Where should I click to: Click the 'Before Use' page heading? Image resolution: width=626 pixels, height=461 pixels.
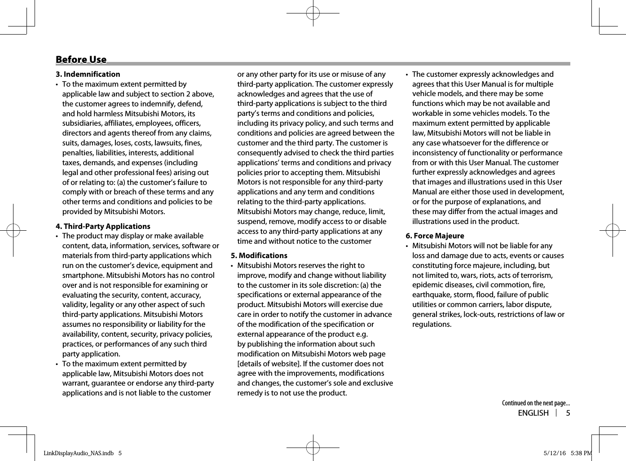click(81, 60)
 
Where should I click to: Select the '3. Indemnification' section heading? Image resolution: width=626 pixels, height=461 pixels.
click(88, 75)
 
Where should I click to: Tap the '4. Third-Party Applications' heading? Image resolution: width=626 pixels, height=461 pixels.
click(103, 227)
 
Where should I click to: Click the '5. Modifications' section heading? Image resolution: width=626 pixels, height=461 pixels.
click(259, 256)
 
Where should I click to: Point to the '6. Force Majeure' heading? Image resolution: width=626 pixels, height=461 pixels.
click(435, 236)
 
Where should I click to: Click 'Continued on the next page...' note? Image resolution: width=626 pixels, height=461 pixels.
click(536, 403)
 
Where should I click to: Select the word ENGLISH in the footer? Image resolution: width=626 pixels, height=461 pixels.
click(533, 413)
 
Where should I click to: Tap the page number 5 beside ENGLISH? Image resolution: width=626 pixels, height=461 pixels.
click(568, 413)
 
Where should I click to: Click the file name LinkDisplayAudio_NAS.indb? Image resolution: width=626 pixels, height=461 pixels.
click(79, 453)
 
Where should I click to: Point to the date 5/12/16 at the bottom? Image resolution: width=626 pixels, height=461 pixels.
click(555, 453)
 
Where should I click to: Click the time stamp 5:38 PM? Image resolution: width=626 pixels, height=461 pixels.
click(581, 453)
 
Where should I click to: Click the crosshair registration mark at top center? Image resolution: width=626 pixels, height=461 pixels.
click(313, 13)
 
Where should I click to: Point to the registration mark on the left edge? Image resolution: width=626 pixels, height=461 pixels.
click(13, 230)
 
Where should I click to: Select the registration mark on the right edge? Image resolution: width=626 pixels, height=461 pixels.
click(613, 230)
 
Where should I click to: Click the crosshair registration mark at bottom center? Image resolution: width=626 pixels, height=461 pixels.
click(313, 447)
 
